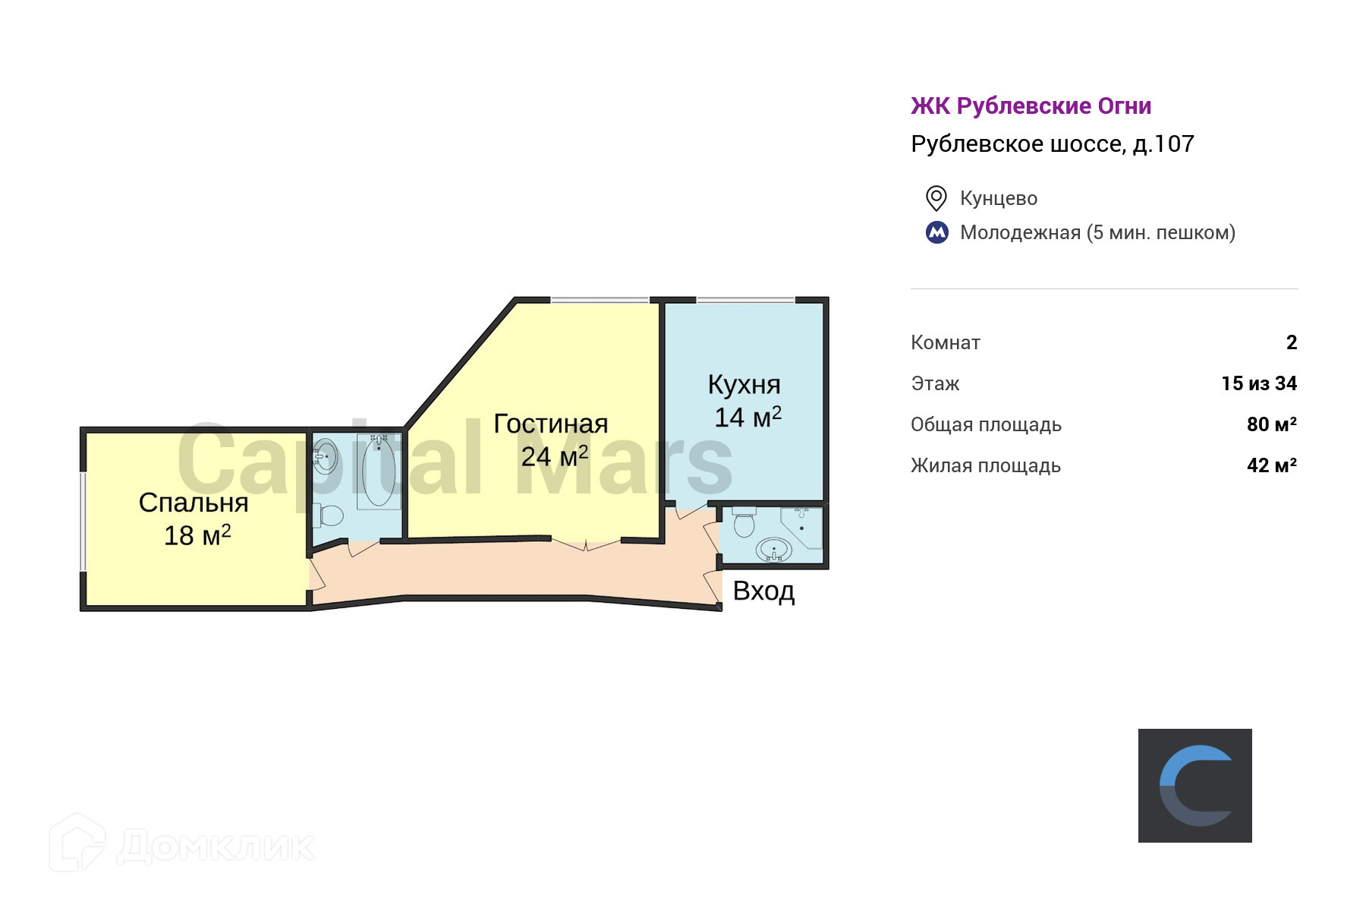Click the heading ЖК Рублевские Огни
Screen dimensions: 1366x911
[1031, 106]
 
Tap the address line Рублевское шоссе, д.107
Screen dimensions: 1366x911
[1052, 144]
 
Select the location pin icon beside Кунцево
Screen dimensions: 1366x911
[936, 198]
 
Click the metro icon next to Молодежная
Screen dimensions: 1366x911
[937, 232]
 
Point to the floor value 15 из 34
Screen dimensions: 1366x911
[1258, 383]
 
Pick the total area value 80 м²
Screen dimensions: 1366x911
[1271, 424]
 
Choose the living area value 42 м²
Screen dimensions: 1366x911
[1271, 465]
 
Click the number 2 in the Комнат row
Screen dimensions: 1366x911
[1292, 342]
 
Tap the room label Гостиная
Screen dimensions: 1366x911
[550, 424]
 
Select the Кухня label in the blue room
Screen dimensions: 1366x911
[744, 384]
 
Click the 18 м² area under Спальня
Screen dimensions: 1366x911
[197, 535]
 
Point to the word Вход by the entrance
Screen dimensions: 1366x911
[763, 591]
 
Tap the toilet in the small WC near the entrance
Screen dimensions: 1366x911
[744, 523]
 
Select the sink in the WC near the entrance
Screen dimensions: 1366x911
[773, 549]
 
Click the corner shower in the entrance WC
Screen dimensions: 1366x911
[803, 525]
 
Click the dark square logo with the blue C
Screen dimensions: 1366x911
[1194, 785]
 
